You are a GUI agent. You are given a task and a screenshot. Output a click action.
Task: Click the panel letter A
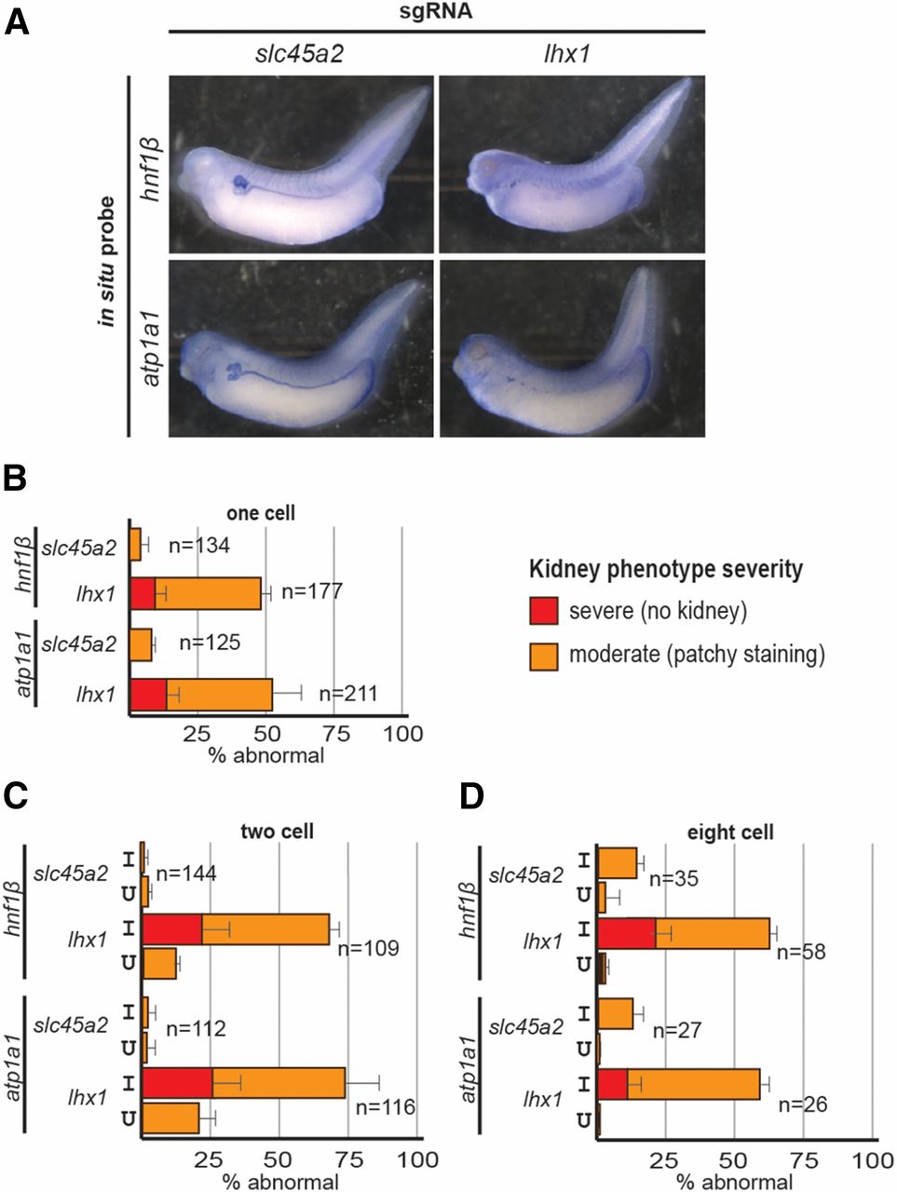pos(17,20)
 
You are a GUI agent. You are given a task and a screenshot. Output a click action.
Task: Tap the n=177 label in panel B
pos(312,591)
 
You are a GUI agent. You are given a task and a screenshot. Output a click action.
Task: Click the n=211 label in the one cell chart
pos(347,692)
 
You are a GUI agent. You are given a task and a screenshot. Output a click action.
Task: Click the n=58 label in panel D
pos(802,953)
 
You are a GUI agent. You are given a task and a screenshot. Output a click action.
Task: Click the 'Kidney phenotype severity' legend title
pos(666,569)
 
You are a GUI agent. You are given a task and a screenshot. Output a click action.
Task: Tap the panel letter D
pos(474,797)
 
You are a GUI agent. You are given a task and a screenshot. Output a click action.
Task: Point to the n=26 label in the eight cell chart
pos(802,1105)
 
